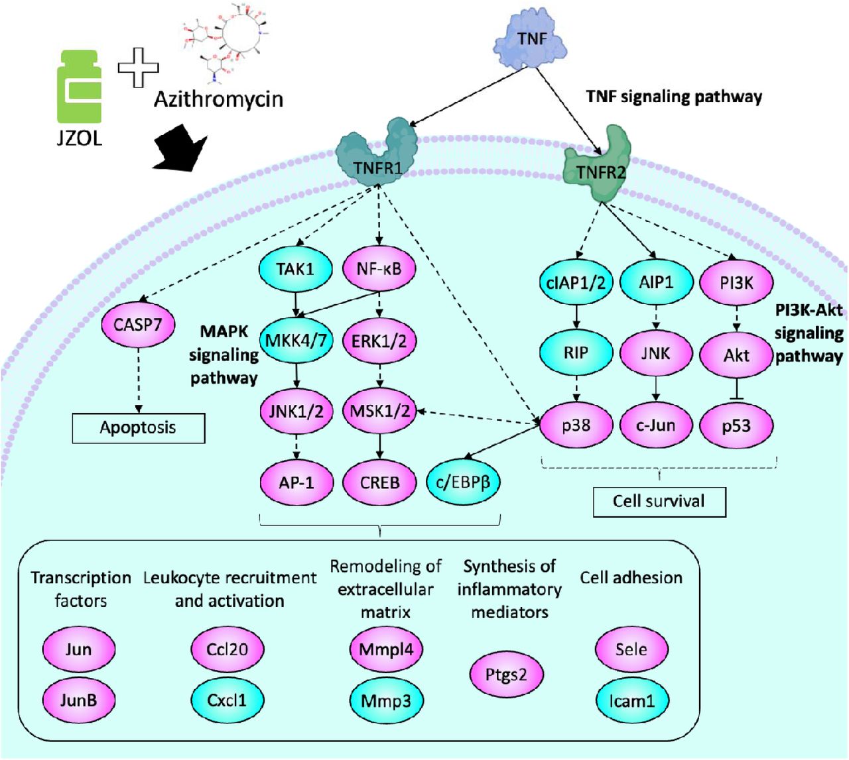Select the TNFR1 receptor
[377, 155]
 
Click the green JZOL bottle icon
[79, 87]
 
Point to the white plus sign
[138, 68]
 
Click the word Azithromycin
[218, 100]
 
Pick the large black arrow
[181, 148]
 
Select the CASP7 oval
[138, 325]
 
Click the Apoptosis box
[139, 428]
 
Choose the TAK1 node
[296, 269]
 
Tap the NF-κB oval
[379, 269]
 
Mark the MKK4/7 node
[296, 341]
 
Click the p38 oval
[576, 425]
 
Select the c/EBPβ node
[463, 483]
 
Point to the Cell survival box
[659, 502]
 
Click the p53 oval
[736, 426]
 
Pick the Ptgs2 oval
[506, 675]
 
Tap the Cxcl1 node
[227, 700]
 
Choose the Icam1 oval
[631, 700]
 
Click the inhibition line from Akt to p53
[736, 388]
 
